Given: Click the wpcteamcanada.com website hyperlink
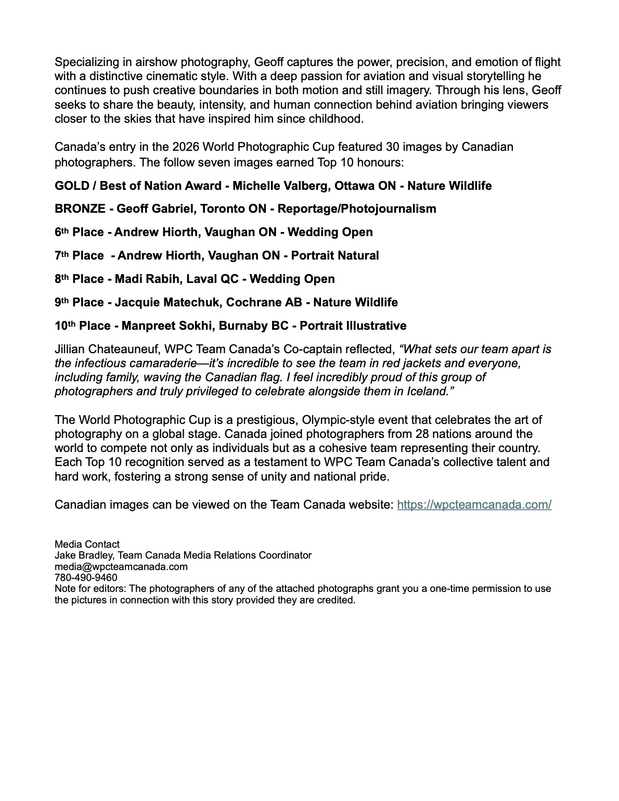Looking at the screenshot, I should (474, 505).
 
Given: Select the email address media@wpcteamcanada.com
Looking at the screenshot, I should (121, 566).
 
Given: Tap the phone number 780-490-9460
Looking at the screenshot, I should (86, 577).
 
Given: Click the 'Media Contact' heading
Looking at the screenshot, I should (87, 544).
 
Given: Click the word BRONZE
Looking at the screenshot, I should (80, 209).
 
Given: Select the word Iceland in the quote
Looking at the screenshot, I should (424, 391).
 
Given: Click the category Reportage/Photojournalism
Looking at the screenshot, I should (357, 209).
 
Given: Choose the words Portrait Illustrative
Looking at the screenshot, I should (353, 326).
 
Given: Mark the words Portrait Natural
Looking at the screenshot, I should (335, 255).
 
